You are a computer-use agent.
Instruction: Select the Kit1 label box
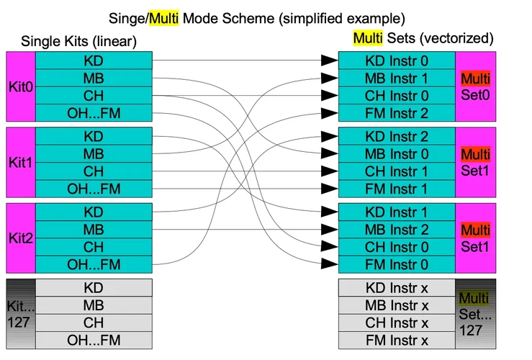tap(19, 162)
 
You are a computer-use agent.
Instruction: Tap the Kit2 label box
tap(19, 238)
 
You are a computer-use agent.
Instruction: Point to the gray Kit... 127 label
tap(19, 314)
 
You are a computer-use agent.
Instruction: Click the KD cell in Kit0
tap(94, 60)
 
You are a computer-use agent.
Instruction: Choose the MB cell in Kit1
tap(94, 153)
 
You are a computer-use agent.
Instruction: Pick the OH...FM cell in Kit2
tap(94, 264)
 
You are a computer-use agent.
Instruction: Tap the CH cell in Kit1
tap(94, 171)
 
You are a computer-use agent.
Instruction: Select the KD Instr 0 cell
tap(397, 60)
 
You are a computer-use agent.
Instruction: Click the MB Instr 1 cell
tap(397, 77)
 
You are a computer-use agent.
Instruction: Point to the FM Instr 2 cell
tap(397, 112)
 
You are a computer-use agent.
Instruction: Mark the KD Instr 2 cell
tap(397, 136)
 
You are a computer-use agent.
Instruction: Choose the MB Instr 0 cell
tap(397, 153)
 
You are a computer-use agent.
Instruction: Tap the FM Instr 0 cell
tap(397, 264)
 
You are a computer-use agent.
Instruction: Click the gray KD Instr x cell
tap(397, 287)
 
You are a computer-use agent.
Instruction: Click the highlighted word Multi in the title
tap(163, 17)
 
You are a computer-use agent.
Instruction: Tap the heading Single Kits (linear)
tap(78, 42)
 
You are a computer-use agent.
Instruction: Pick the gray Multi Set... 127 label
tap(475, 314)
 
